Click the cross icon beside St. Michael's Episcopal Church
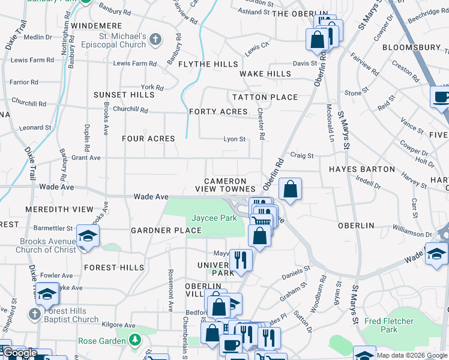(155, 40)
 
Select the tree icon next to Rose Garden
(136, 341)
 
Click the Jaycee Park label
(214, 218)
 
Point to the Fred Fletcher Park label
(389, 325)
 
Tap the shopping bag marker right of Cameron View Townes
(290, 190)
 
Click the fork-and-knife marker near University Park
(241, 260)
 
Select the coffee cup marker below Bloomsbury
(441, 97)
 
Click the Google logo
(19, 353)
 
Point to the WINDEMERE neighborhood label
(97, 26)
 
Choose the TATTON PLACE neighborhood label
(265, 97)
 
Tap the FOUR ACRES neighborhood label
(148, 139)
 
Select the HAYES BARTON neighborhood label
(362, 169)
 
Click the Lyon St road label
(235, 139)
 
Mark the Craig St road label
(302, 155)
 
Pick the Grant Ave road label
(86, 158)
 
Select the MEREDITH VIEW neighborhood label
(59, 209)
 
